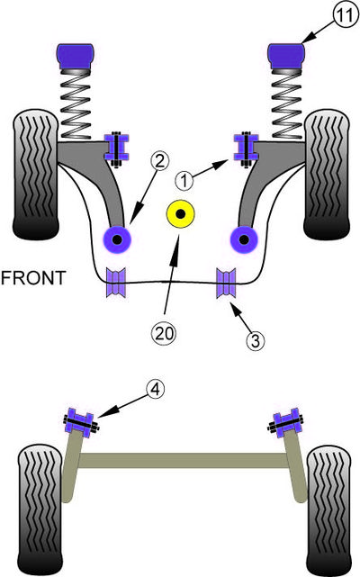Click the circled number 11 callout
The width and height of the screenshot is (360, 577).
click(346, 16)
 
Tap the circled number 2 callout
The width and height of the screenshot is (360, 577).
click(159, 162)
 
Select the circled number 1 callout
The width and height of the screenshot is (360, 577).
click(184, 181)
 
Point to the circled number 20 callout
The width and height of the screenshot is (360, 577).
click(164, 333)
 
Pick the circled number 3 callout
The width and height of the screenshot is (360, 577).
click(256, 340)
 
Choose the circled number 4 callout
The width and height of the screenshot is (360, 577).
click(156, 389)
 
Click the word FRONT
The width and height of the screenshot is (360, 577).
click(33, 278)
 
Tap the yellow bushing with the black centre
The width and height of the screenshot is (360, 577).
click(180, 214)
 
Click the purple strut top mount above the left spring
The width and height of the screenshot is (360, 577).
click(76, 57)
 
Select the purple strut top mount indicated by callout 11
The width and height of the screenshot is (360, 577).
click(287, 57)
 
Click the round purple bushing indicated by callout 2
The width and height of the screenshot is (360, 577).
click(117, 239)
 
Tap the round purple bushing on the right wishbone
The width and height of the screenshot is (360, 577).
click(244, 239)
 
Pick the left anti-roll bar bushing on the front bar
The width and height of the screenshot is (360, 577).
click(116, 283)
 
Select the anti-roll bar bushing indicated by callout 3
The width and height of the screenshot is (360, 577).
click(226, 283)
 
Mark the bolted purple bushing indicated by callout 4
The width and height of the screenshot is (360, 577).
click(80, 423)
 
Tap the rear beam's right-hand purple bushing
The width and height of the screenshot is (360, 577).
click(286, 423)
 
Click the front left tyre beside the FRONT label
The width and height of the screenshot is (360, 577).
click(36, 175)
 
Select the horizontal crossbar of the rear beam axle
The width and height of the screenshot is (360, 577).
click(183, 460)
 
